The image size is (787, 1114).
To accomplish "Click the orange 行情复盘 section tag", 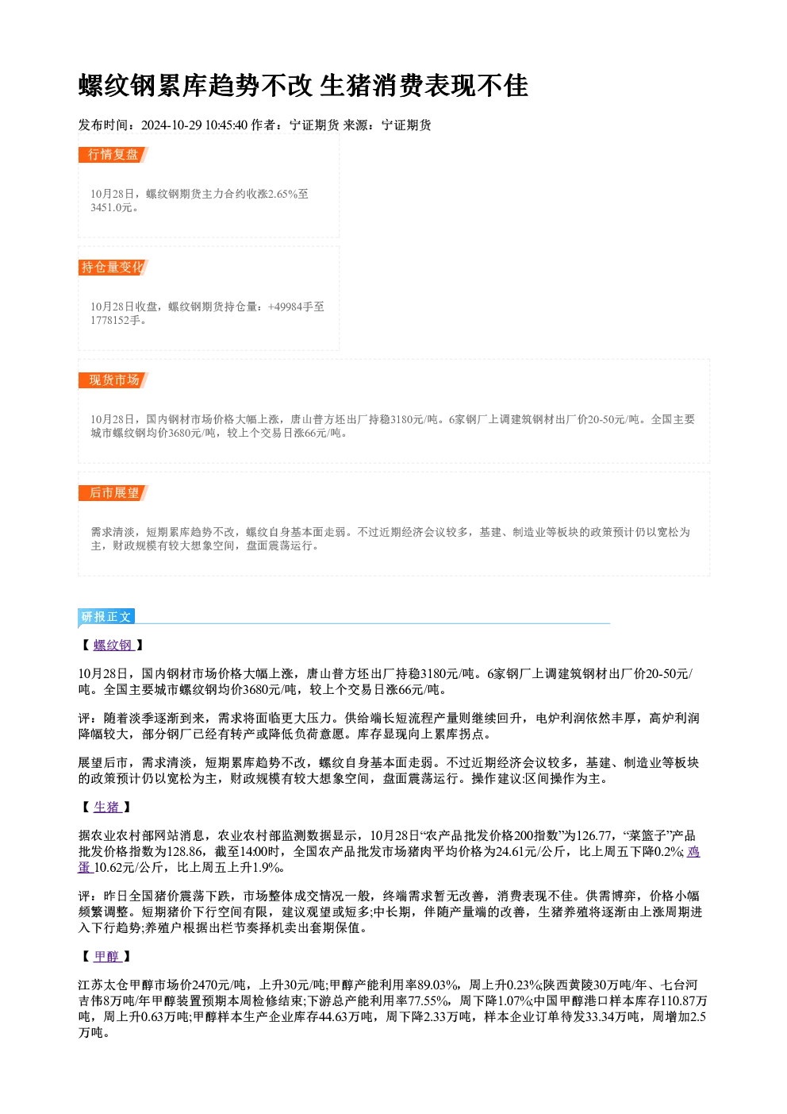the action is tap(113, 155).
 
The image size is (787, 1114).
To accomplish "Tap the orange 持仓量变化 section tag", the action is tap(113, 268).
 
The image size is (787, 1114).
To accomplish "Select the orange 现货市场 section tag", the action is tap(113, 380).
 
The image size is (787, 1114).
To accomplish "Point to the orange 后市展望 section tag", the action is tap(113, 493).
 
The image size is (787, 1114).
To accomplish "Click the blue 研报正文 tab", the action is tap(106, 617).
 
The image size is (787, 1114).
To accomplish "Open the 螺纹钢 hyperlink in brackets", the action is tap(113, 646).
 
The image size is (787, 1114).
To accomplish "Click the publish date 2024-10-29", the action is tap(172, 125).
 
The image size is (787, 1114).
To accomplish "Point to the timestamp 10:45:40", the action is tap(226, 125).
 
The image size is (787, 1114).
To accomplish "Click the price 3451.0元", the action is tap(112, 208).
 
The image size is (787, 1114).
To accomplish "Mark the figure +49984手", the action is tap(285, 306).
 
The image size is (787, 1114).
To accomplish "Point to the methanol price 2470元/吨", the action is tap(219, 985).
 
